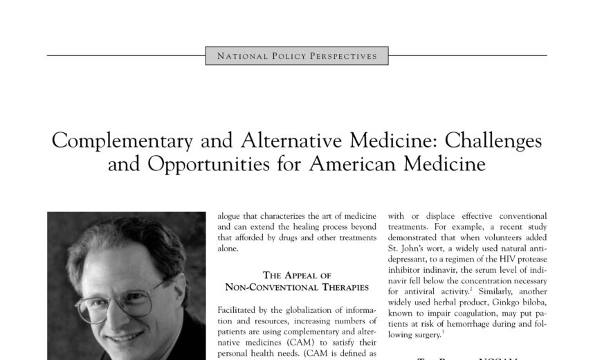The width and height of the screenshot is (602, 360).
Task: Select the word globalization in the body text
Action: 295,310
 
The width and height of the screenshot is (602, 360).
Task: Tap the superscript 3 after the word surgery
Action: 441,333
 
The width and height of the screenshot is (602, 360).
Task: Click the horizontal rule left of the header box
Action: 125,55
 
